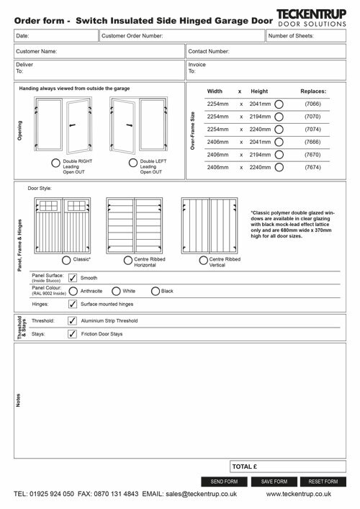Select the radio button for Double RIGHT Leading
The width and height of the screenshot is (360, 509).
(x=58, y=163)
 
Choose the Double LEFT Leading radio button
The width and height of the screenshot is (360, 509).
(x=134, y=163)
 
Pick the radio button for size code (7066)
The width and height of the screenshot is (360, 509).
(x=279, y=104)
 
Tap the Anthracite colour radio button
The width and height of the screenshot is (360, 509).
(x=72, y=291)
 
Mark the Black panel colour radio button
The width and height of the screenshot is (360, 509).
(x=156, y=291)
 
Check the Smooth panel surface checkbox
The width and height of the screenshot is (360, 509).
(x=72, y=277)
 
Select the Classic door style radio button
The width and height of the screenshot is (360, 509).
(x=66, y=259)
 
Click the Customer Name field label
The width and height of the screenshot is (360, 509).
(x=37, y=53)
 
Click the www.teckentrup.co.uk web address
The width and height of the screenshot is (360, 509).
(x=308, y=495)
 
